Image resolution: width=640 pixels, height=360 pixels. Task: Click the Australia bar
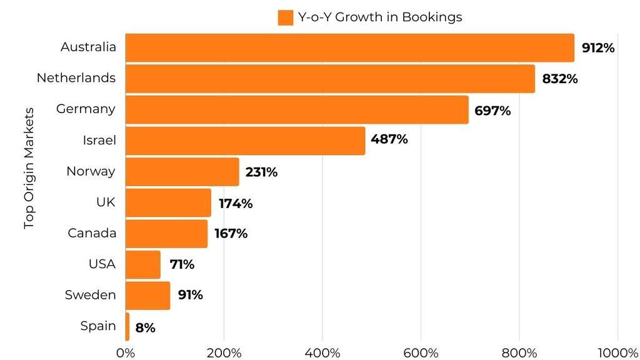pyautogui.click(x=349, y=47)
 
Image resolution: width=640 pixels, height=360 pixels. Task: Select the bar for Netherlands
pyautogui.click(x=330, y=79)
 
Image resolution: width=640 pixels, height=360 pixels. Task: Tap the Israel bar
pyautogui.click(x=245, y=141)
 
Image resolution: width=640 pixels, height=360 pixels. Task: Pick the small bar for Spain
pyautogui.click(x=127, y=326)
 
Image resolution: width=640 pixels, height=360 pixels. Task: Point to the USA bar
pyautogui.click(x=142, y=264)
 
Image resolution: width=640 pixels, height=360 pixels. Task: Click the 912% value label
pyautogui.click(x=598, y=47)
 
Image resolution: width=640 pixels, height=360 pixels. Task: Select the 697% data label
pyautogui.click(x=492, y=111)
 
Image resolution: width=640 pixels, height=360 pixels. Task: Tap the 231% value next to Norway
pyautogui.click(x=261, y=172)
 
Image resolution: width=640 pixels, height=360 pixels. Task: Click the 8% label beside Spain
pyautogui.click(x=145, y=327)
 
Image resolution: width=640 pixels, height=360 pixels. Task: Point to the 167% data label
pyautogui.click(x=231, y=234)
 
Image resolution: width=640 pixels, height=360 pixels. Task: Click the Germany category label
pyautogui.click(x=86, y=109)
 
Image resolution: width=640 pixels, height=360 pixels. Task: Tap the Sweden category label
pyautogui.click(x=91, y=295)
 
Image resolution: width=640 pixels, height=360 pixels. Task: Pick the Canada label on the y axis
pyautogui.click(x=92, y=233)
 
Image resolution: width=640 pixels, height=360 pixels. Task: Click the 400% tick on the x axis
pyautogui.click(x=322, y=352)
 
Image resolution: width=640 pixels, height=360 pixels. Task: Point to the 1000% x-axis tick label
pyautogui.click(x=617, y=352)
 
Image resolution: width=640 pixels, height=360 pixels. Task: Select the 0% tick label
pyautogui.click(x=126, y=352)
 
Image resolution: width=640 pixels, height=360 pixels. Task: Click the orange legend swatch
pyautogui.click(x=285, y=17)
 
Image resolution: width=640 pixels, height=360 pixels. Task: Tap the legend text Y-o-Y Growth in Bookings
pyautogui.click(x=380, y=17)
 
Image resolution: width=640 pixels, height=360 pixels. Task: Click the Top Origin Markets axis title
pyautogui.click(x=29, y=168)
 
